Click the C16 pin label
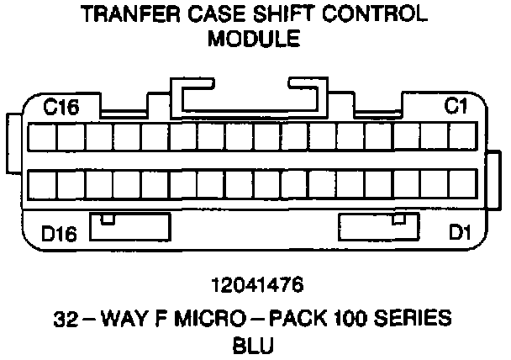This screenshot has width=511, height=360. pyautogui.click(x=61, y=109)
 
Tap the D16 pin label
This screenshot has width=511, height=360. pyautogui.click(x=61, y=233)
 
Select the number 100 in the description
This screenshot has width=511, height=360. pyautogui.click(x=349, y=319)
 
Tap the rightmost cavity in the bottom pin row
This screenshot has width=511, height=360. pyautogui.click(x=462, y=184)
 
